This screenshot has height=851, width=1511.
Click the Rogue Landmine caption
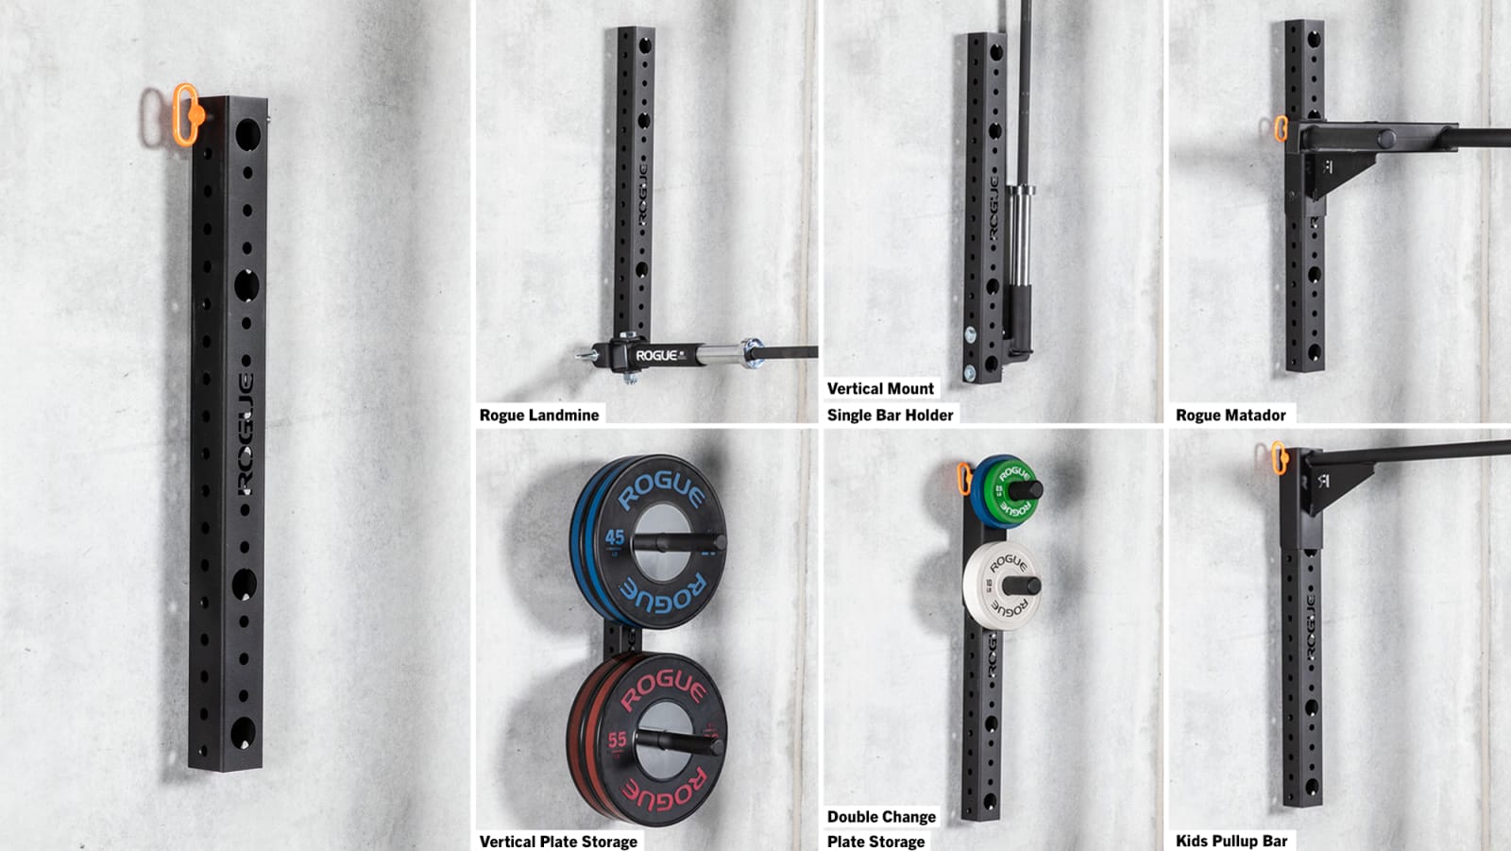tap(539, 415)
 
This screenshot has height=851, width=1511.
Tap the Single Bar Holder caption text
tap(890, 415)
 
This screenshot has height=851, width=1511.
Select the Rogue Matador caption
tap(1231, 415)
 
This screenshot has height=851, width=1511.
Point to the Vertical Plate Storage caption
tap(558, 841)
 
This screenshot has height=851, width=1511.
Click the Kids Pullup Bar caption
tap(1231, 841)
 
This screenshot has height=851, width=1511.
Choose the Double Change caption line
tap(881, 816)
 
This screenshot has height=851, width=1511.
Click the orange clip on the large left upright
tap(185, 114)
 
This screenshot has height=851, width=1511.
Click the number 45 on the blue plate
tap(615, 537)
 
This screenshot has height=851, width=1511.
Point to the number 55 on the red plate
tap(618, 740)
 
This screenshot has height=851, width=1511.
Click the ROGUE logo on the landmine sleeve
tap(656, 355)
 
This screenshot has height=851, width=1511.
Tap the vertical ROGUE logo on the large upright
tap(245, 434)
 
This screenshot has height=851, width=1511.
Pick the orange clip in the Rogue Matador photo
tap(1281, 129)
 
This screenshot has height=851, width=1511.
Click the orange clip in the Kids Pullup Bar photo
tap(1279, 458)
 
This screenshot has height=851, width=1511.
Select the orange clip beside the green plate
tap(964, 478)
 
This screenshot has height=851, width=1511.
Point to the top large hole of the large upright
tap(246, 134)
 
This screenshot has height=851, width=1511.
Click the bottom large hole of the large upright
tap(242, 732)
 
